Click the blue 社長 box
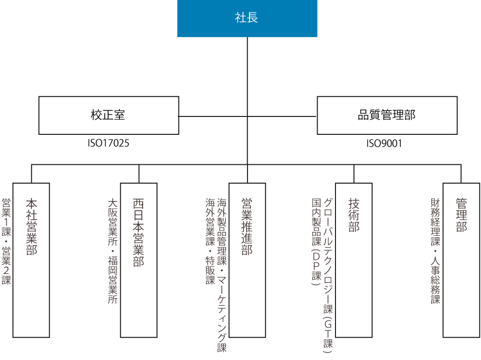247,18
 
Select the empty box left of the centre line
109,115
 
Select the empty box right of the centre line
387,115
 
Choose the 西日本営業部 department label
139,232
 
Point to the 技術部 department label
354,215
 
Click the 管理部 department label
461,215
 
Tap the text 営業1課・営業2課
7,241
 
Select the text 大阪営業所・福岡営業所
113,250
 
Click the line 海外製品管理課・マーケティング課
222,274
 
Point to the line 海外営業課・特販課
210,241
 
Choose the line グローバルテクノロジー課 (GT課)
328,275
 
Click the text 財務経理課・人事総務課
436,250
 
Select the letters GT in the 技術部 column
328,328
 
